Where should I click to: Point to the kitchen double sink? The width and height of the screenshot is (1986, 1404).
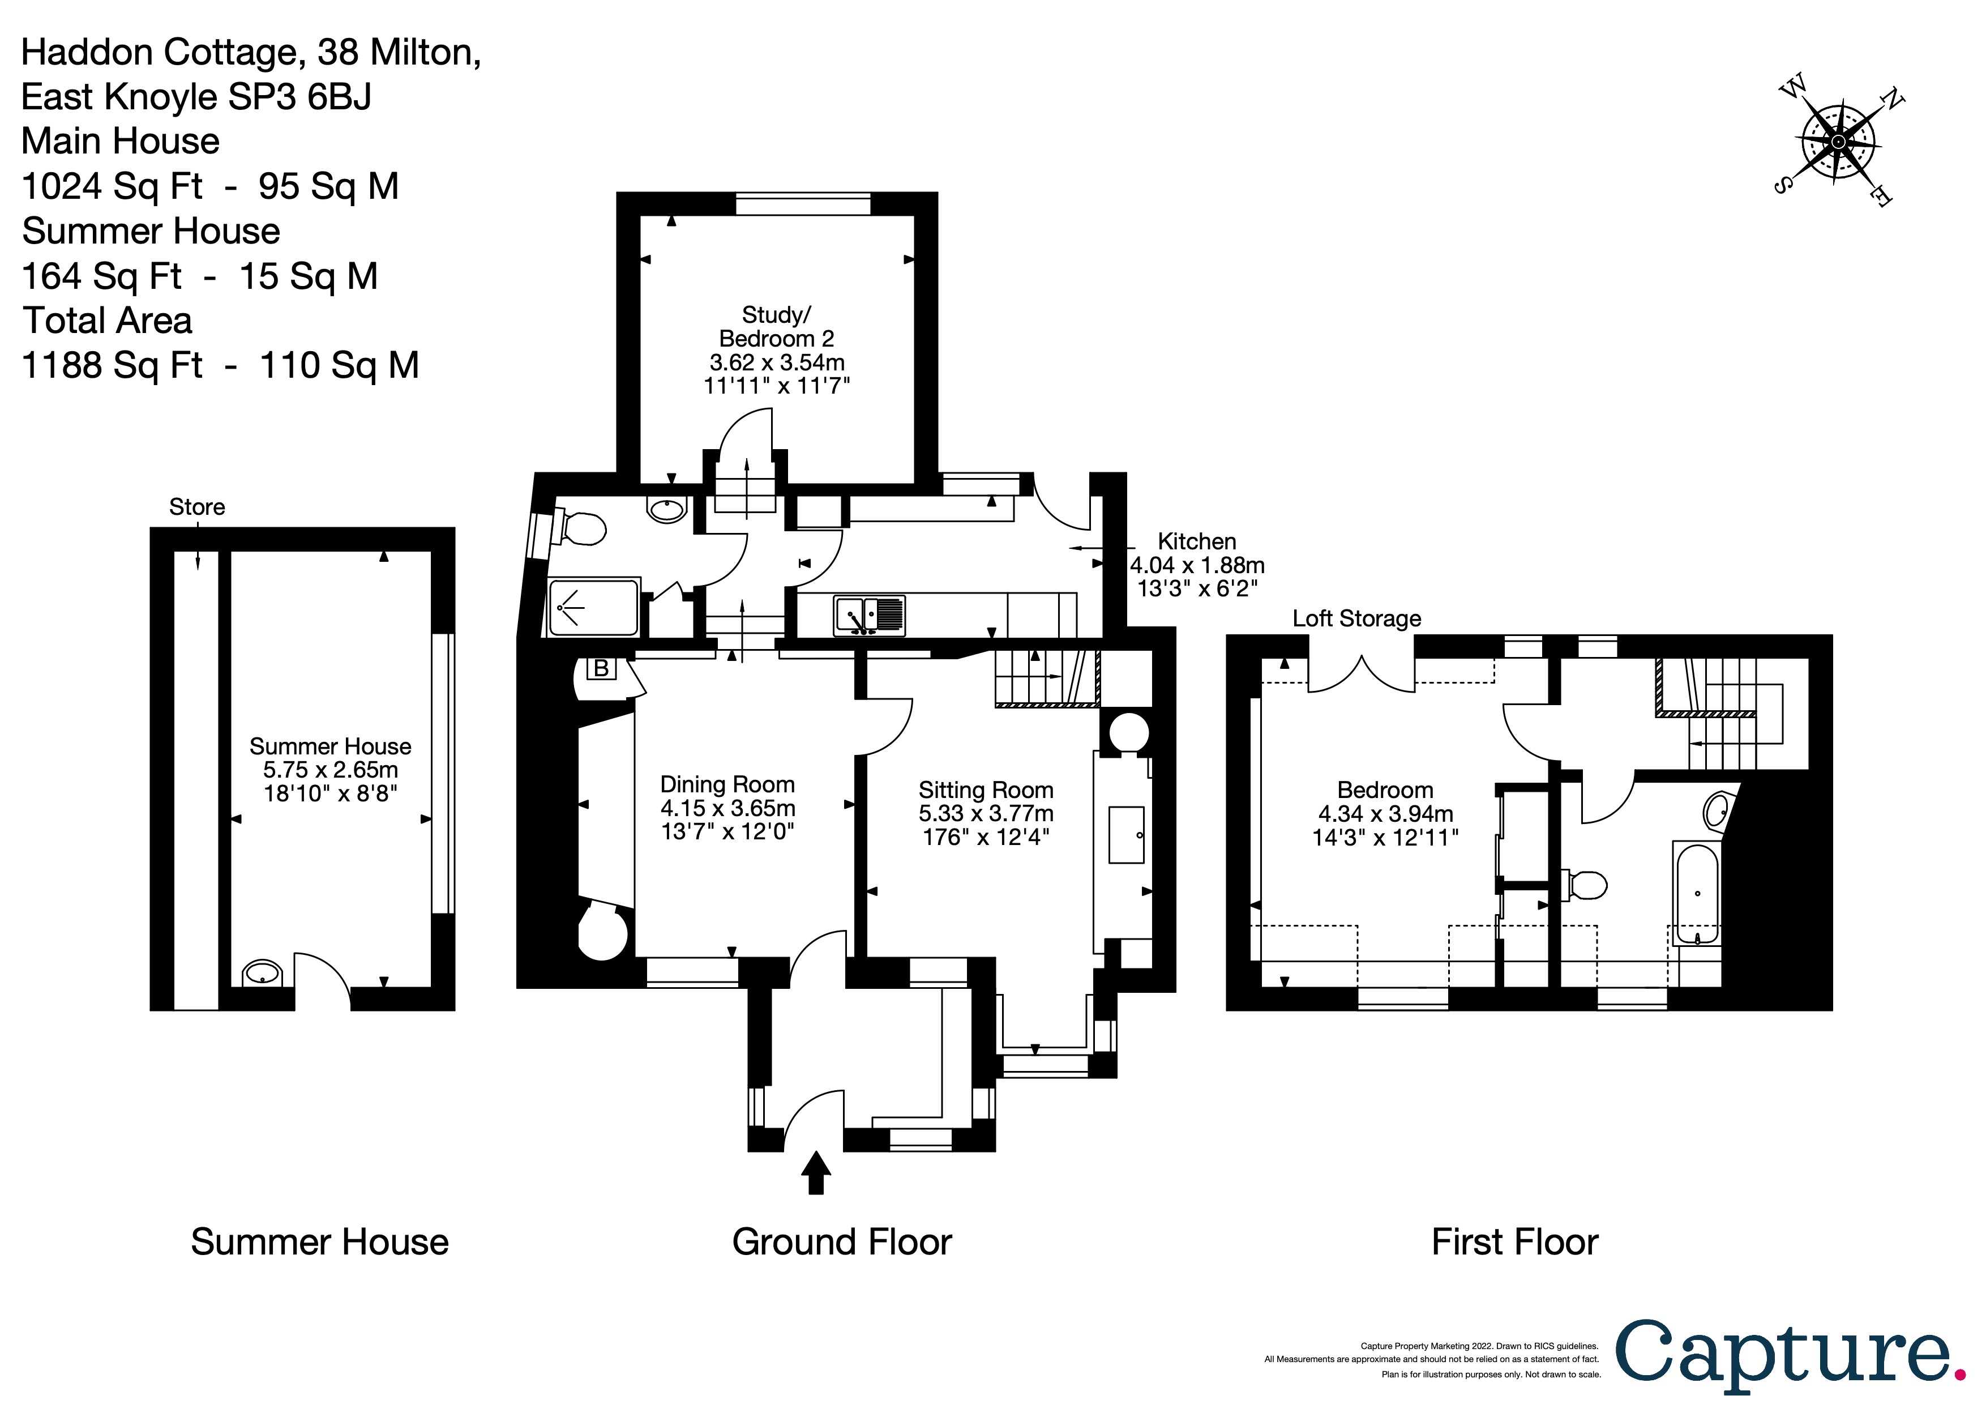click(870, 615)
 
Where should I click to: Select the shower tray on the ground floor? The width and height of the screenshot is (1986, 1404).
click(593, 607)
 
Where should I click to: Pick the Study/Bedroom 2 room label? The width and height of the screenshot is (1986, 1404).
click(776, 327)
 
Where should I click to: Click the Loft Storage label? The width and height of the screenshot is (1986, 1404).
click(1356, 618)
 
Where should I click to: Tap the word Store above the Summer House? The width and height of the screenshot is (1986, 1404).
click(197, 507)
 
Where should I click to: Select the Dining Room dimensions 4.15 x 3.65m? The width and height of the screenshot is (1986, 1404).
click(727, 808)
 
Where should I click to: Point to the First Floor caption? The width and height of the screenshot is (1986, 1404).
click(1514, 1242)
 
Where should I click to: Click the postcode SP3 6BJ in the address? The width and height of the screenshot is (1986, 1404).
click(299, 97)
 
